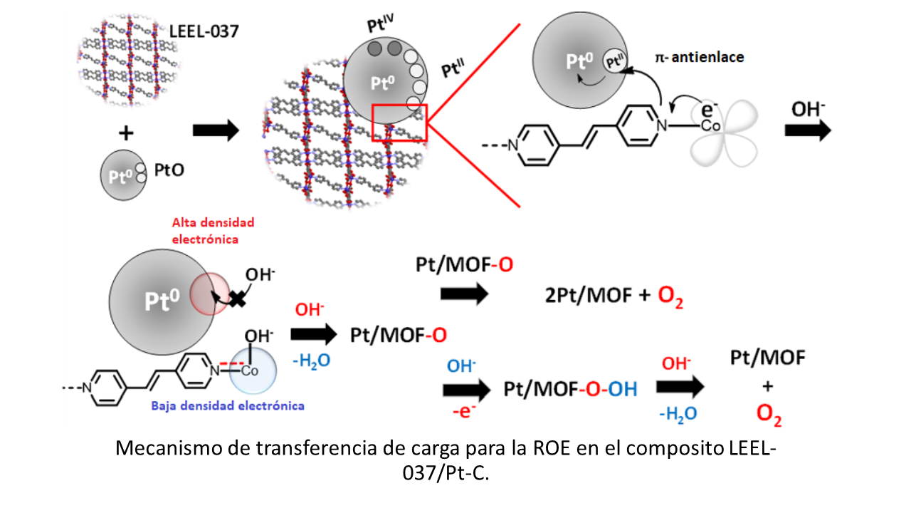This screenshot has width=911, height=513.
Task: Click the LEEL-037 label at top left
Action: pos(204,31)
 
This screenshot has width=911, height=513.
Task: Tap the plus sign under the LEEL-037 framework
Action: pos(126,133)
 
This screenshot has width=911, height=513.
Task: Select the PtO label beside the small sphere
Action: pos(169,170)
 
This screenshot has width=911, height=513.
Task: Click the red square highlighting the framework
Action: pos(399,123)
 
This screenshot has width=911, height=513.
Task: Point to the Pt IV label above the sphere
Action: pos(380,23)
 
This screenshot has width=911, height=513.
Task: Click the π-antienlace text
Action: pos(700,58)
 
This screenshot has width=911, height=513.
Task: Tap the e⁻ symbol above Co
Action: pos(710,109)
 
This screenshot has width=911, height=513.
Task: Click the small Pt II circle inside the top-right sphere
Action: pos(614,61)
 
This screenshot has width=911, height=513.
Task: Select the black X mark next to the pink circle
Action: pos(238,299)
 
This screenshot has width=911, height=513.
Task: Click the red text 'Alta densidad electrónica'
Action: pos(213,231)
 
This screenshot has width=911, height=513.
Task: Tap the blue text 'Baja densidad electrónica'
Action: pos(228,406)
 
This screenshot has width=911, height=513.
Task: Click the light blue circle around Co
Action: pos(253,370)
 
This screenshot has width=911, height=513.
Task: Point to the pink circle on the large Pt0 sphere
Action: pos(210,294)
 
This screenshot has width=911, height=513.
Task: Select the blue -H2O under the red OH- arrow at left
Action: pos(312,361)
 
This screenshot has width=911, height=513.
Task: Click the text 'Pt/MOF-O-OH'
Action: pos(570,389)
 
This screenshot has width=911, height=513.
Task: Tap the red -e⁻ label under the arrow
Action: pos(464,412)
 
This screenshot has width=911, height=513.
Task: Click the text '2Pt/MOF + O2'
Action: pos(614,296)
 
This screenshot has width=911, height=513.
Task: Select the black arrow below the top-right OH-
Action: pos(808,130)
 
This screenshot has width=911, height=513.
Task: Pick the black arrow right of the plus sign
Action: pos(216,130)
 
